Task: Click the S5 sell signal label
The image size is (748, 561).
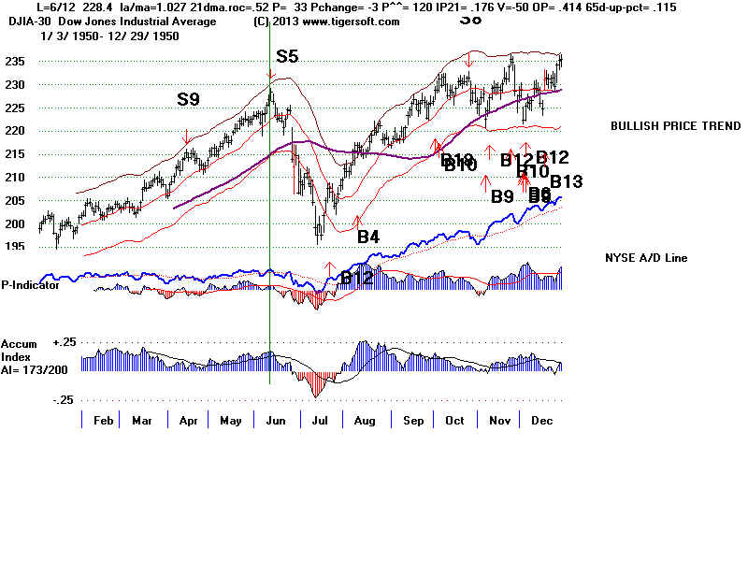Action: pyautogui.click(x=287, y=56)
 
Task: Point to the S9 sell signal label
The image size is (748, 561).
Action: pyautogui.click(x=189, y=98)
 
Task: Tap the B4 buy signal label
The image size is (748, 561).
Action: pyautogui.click(x=368, y=237)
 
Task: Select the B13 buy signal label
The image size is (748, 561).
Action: pyautogui.click(x=566, y=181)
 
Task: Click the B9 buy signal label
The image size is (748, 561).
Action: pyautogui.click(x=502, y=196)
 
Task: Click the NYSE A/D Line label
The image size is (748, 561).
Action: pyautogui.click(x=646, y=257)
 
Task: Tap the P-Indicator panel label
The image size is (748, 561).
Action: pyautogui.click(x=31, y=285)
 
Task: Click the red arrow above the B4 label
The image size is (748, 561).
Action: pyautogui.click(x=356, y=221)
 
